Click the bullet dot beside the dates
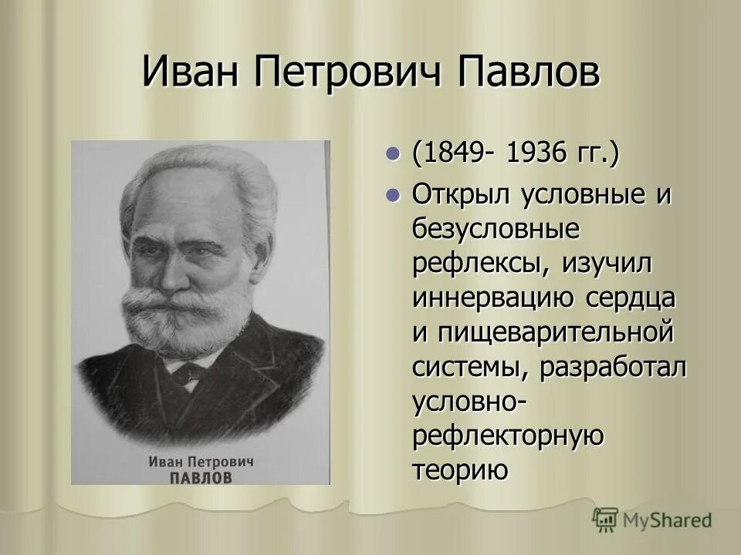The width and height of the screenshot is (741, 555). point(394,153)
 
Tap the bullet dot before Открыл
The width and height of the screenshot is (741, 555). point(394,195)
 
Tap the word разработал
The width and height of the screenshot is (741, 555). point(612,367)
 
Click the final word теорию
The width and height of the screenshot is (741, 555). point(460,469)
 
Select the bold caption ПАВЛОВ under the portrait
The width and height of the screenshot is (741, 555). point(200,478)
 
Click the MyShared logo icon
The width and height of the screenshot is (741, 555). point(605,520)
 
